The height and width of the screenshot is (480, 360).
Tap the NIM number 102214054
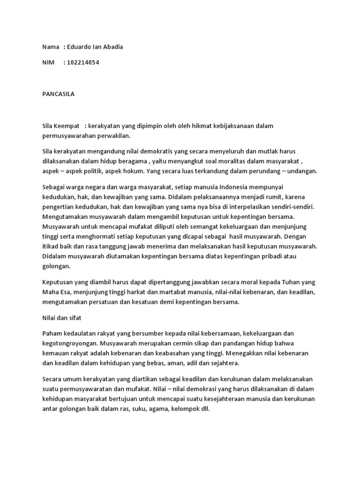click(83, 62)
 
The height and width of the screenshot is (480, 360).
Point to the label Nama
click(50, 47)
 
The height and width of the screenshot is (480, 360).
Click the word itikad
click(50, 247)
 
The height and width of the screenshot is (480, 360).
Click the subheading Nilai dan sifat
click(62, 318)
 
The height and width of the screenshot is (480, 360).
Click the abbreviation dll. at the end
click(205, 409)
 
